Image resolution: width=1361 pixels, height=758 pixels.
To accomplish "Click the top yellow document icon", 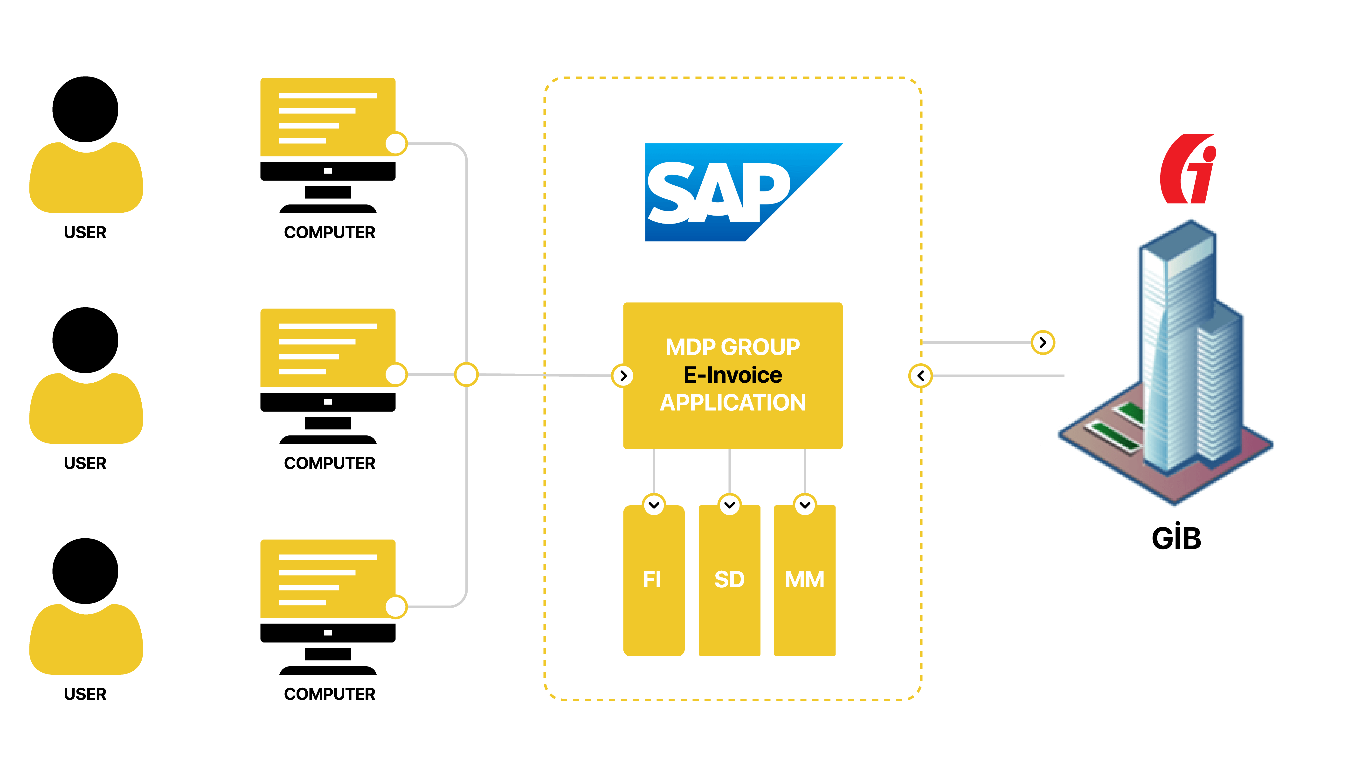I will click(x=328, y=117).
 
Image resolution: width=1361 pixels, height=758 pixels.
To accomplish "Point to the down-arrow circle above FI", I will click(x=654, y=505).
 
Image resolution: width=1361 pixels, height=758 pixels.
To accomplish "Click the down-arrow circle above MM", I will click(x=805, y=505).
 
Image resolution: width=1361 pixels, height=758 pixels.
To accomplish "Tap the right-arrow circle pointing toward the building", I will click(x=1043, y=343).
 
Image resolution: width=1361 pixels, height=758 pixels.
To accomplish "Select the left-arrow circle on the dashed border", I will click(x=920, y=376).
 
